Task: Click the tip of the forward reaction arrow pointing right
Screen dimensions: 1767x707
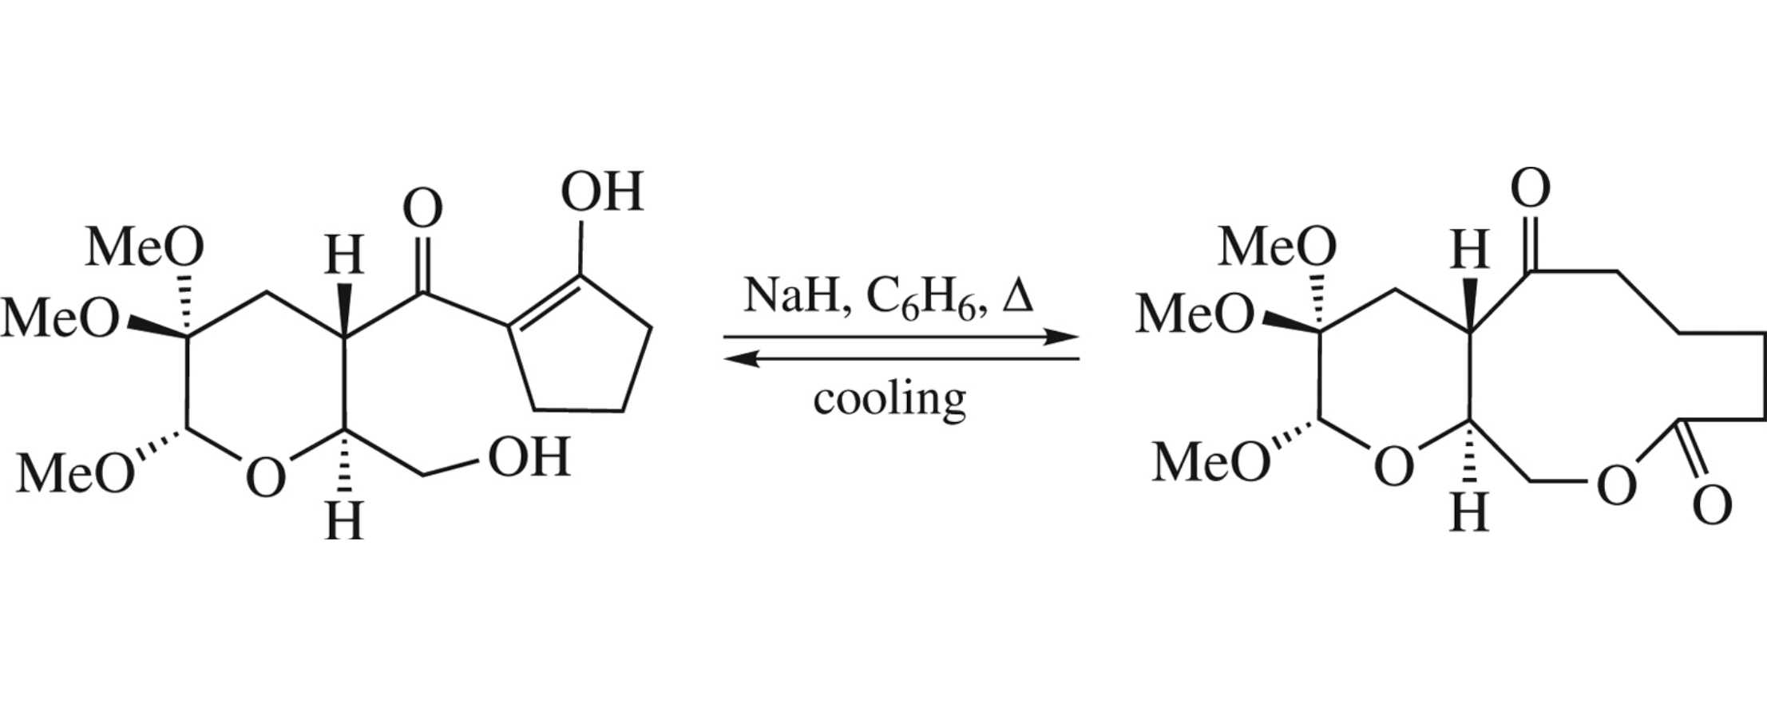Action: point(1080,337)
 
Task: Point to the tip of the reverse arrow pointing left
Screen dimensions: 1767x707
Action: point(724,359)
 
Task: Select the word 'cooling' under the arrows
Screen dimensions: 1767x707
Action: point(889,398)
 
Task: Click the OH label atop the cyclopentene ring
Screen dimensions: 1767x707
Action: point(602,192)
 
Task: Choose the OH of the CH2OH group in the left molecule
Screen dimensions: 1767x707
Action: point(529,457)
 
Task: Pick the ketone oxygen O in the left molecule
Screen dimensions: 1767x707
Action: point(422,209)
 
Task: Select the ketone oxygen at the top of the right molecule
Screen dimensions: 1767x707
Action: point(1530,189)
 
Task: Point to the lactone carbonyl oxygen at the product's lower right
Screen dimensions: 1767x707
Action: point(1712,505)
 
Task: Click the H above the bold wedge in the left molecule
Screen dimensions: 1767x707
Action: point(344,257)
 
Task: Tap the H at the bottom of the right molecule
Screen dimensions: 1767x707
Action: point(1470,512)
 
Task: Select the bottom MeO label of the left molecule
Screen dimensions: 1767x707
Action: point(76,472)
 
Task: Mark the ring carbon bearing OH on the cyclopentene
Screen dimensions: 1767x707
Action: point(581,276)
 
